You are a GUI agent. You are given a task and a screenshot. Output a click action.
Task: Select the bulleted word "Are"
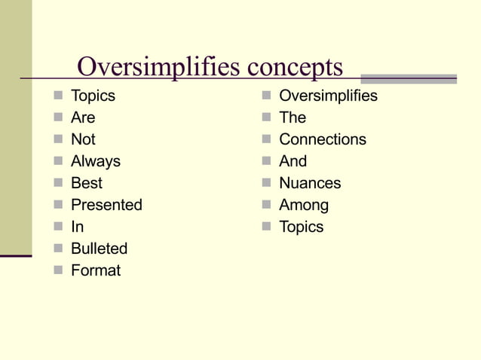[x=83, y=117]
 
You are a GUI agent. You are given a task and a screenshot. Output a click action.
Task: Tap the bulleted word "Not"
[x=83, y=139]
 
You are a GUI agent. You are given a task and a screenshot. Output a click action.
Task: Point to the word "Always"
[x=96, y=161]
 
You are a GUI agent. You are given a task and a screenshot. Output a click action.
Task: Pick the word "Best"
[x=86, y=183]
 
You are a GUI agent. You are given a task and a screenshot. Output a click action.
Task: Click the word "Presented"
[x=106, y=205]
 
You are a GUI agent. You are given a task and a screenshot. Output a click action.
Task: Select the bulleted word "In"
[x=77, y=227]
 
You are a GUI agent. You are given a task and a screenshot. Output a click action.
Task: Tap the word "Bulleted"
[x=99, y=249]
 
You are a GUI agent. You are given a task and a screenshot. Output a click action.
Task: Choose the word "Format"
[x=96, y=270]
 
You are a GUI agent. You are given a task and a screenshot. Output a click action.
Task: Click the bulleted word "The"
[x=293, y=117]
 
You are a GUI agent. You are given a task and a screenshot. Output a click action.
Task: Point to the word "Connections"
[x=323, y=139]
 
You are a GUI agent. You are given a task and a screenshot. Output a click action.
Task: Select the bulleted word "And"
[x=293, y=161]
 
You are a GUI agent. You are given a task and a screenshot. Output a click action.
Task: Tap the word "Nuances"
[x=310, y=183]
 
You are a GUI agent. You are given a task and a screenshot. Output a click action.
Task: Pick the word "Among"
[x=304, y=205]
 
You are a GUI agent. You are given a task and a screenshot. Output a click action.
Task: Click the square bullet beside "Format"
[x=58, y=270]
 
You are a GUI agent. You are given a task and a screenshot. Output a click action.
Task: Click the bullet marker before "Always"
[x=58, y=161]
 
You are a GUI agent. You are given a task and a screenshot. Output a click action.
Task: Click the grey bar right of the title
[x=409, y=78]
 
